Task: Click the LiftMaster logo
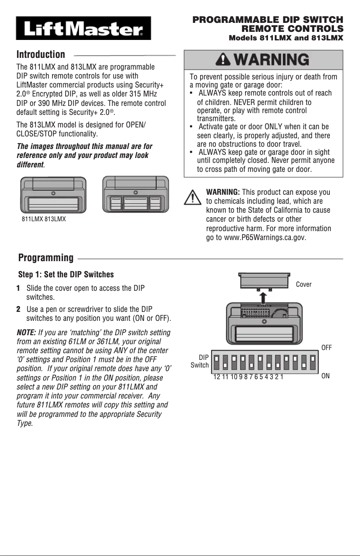pyautogui.click(x=83, y=29)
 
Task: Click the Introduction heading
pyautogui.click(x=41, y=55)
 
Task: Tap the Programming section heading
pyautogui.click(x=46, y=258)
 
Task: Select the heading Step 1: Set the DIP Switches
pyautogui.click(x=66, y=274)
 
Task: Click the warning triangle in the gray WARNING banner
pyautogui.click(x=222, y=60)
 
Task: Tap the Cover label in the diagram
pyautogui.click(x=303, y=285)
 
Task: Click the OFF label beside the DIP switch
pyautogui.click(x=326, y=347)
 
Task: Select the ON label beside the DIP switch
pyautogui.click(x=325, y=376)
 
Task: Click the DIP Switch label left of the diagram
pyautogui.click(x=200, y=361)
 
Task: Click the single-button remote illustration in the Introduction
pyautogui.click(x=53, y=195)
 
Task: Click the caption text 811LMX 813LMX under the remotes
pyautogui.click(x=44, y=219)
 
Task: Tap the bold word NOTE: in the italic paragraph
pyautogui.click(x=26, y=333)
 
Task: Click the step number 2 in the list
pyautogui.click(x=18, y=310)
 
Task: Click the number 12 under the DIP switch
pyautogui.click(x=217, y=377)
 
